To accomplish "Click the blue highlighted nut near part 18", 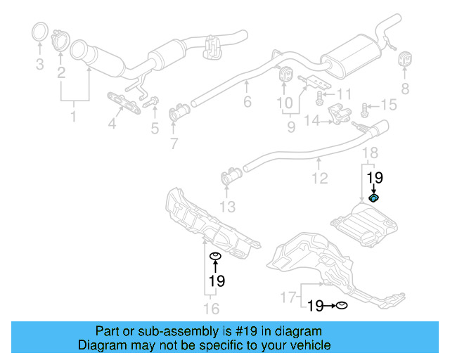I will [374, 199].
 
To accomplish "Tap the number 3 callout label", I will [39, 65].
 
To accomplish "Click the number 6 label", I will [247, 103].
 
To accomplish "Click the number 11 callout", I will [342, 94].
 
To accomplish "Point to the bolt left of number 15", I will [365, 109].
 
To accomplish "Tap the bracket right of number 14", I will [341, 115].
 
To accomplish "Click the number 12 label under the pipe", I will [320, 179].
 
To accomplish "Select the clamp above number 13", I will [229, 177].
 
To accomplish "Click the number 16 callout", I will [211, 309].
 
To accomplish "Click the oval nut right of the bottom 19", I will [341, 305].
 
